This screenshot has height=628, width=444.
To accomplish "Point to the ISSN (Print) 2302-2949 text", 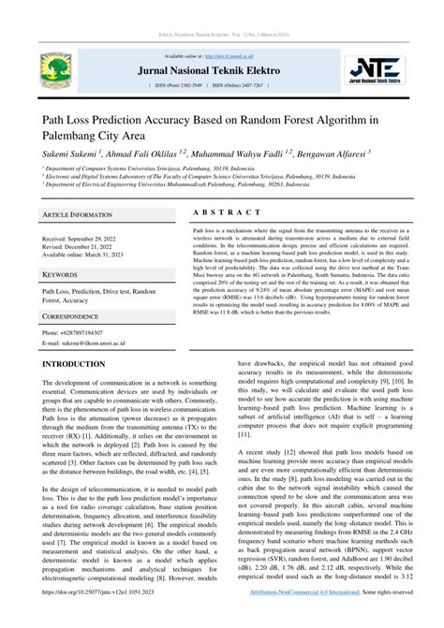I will coord(185,85).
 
